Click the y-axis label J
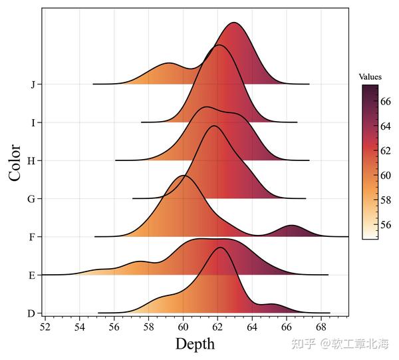pyautogui.click(x=33, y=85)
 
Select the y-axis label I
pyautogui.click(x=33, y=122)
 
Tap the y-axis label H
pyautogui.click(x=33, y=160)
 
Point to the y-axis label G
pyautogui.click(x=33, y=198)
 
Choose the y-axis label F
pyautogui.click(x=33, y=236)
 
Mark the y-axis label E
pyautogui.click(x=33, y=274)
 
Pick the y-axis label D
pyautogui.click(x=33, y=313)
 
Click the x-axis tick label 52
pyautogui.click(x=45, y=327)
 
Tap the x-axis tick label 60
pyautogui.click(x=183, y=327)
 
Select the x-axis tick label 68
pyautogui.click(x=321, y=327)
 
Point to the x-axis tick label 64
pyautogui.click(x=252, y=327)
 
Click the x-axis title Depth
pyautogui.click(x=195, y=344)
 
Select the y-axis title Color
pyautogui.click(x=15, y=162)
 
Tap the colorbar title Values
pyautogui.click(x=370, y=77)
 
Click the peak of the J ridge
pyautogui.click(x=234, y=23)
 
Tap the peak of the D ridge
pyautogui.click(x=220, y=248)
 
